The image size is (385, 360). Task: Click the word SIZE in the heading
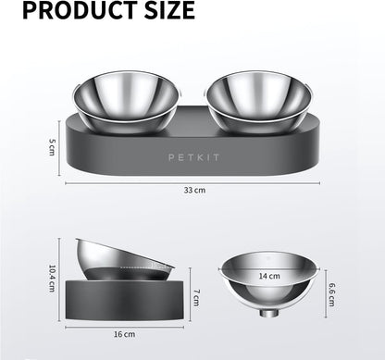(161, 11)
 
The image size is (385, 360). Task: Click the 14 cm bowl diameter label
(268, 276)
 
